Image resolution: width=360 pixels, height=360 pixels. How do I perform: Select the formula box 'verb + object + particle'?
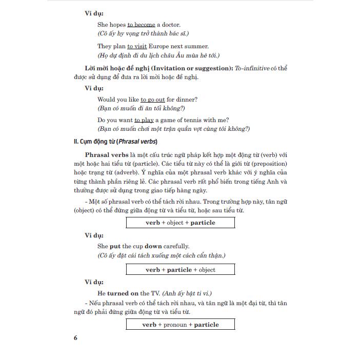(x=181, y=223)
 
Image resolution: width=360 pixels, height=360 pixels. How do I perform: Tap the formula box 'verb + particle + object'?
(x=181, y=270)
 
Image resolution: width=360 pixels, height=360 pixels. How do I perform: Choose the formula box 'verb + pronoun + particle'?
(x=181, y=325)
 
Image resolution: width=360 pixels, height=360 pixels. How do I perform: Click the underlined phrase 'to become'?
(x=141, y=24)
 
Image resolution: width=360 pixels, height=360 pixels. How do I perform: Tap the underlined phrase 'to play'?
(x=144, y=121)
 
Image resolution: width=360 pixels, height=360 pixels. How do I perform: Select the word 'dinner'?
(x=187, y=99)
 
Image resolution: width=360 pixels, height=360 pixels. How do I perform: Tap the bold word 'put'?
(x=115, y=246)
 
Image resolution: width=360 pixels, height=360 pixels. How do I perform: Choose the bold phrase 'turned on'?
(x=122, y=293)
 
